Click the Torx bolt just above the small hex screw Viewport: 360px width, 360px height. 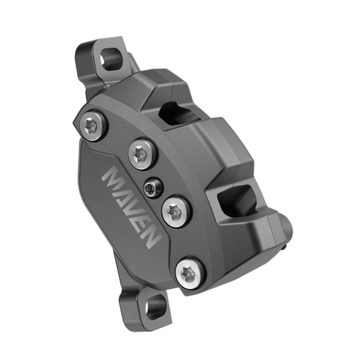pos(144,153)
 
